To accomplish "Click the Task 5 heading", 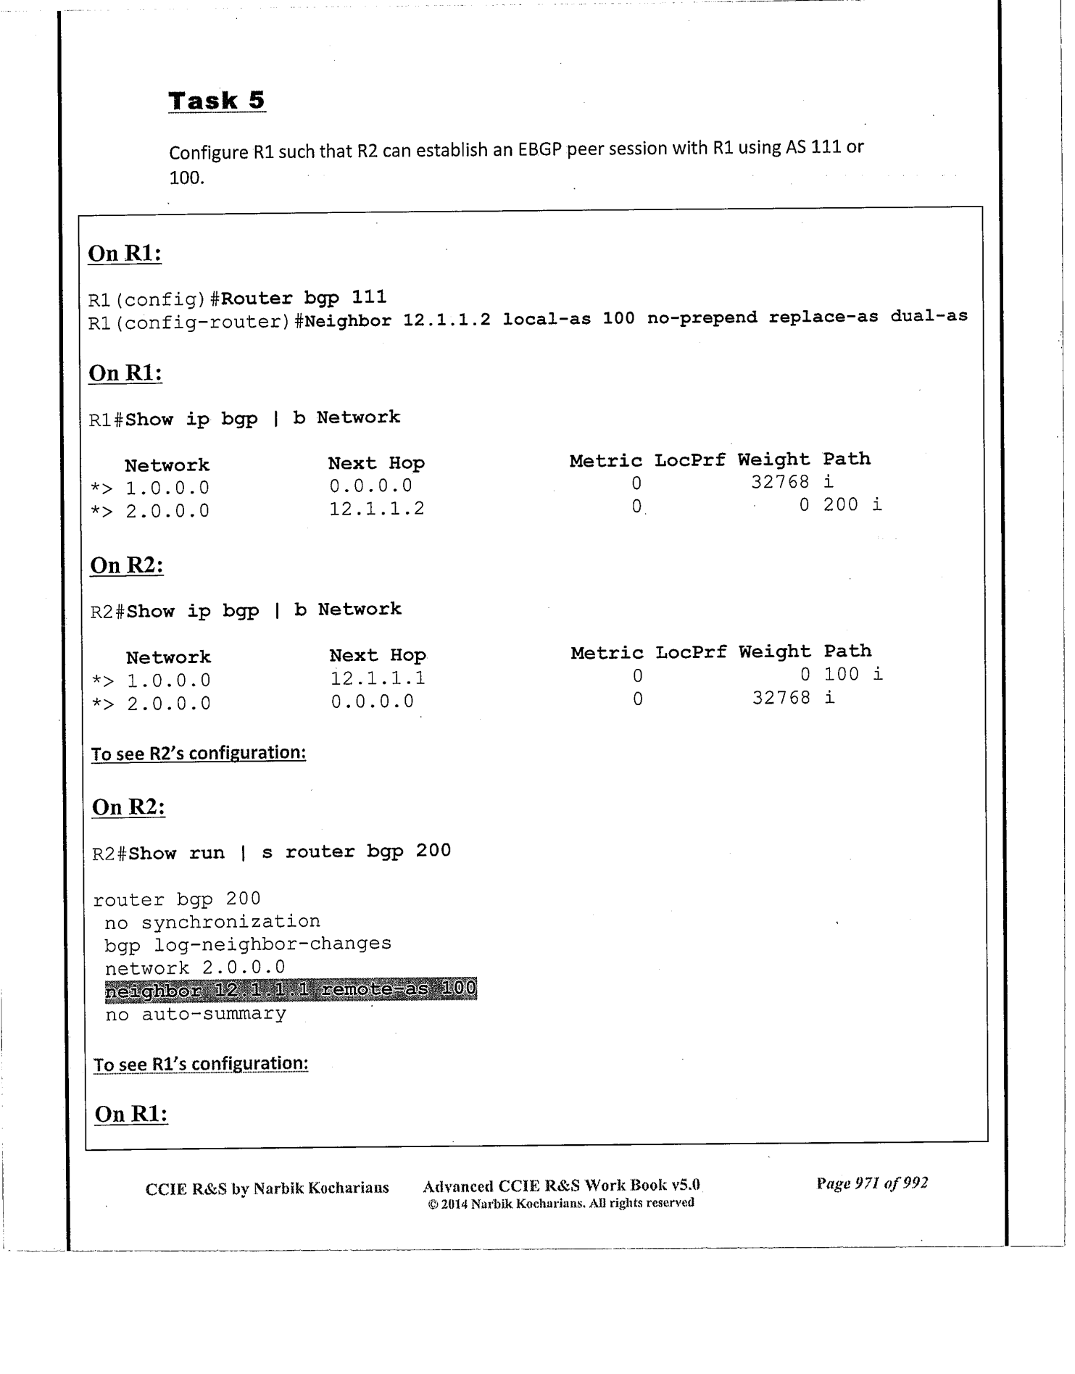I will pyautogui.click(x=217, y=101).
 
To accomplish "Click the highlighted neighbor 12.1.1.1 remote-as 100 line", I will pyautogui.click(x=291, y=989).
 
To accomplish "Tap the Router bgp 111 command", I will pyautogui.click(x=304, y=298).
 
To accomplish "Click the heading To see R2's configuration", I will pyautogui.click(x=199, y=753).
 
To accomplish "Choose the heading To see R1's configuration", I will pyautogui.click(x=201, y=1064).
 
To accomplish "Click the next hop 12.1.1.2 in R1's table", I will pyautogui.click(x=377, y=509).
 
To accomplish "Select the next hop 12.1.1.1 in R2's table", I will pyautogui.click(x=378, y=678).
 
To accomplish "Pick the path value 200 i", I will pyautogui.click(x=852, y=504).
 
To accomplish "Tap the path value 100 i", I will pyautogui.click(x=853, y=674).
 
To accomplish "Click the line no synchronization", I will pyautogui.click(x=212, y=922).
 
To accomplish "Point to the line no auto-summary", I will pyautogui.click(x=196, y=1014).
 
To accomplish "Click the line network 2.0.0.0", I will pyautogui.click(x=195, y=967).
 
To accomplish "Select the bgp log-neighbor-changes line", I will pyautogui.click(x=248, y=944).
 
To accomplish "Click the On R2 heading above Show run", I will pyautogui.click(x=129, y=807).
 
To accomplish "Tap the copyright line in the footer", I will pyautogui.click(x=561, y=1203).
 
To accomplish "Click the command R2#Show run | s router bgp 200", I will pyautogui.click(x=272, y=852).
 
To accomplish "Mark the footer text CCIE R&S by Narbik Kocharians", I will pyautogui.click(x=267, y=1188).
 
